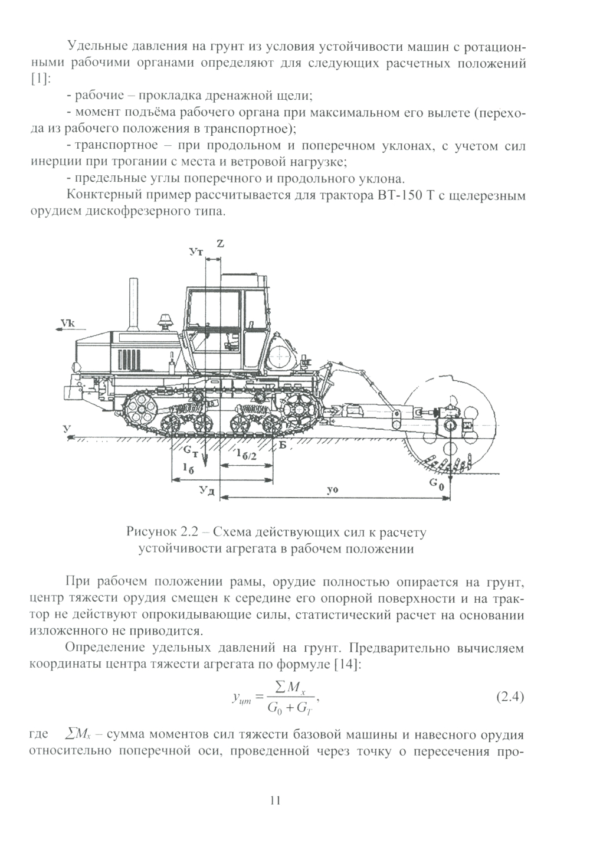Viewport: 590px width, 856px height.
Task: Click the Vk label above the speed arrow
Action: [x=68, y=324]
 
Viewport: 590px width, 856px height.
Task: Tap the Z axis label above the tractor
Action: [x=220, y=243]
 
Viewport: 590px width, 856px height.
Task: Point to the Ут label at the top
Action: [x=197, y=252]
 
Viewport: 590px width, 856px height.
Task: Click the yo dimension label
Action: [x=333, y=490]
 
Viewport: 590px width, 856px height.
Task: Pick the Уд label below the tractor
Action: [x=206, y=491]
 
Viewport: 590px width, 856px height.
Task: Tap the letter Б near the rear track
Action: [x=283, y=446]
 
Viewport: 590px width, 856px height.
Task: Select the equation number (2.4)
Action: [x=509, y=697]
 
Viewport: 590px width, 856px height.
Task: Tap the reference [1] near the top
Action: [x=40, y=80]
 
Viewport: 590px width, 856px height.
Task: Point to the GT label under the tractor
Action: [x=191, y=451]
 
